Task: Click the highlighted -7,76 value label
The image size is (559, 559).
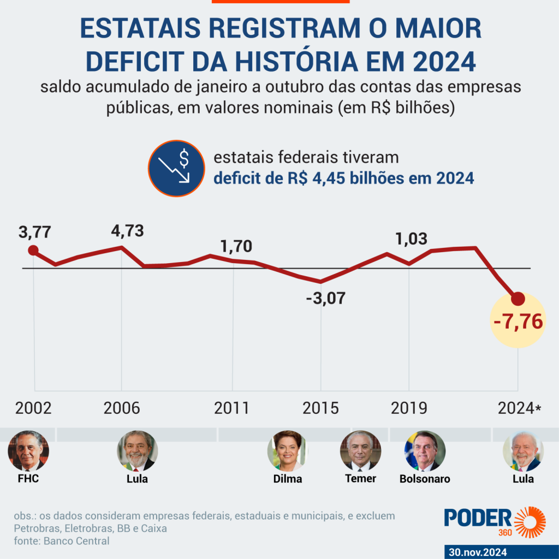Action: point(518,322)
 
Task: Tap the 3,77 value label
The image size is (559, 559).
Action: point(34,232)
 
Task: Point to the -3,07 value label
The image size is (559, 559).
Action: point(325,299)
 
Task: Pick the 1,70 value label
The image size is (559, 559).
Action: point(236,246)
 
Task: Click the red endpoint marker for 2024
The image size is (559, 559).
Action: point(518,299)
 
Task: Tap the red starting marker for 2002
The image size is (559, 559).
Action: point(33,251)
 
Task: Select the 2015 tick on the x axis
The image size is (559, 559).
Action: point(320,408)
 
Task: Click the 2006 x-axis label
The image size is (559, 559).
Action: point(122,408)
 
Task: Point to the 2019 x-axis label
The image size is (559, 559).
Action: point(409,408)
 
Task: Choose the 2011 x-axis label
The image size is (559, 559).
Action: point(232,408)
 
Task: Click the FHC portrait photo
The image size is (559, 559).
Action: point(28,451)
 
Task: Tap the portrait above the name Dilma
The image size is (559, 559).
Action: point(287,451)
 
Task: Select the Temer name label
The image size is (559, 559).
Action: point(361,479)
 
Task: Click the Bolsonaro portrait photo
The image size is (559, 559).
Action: point(425,451)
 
